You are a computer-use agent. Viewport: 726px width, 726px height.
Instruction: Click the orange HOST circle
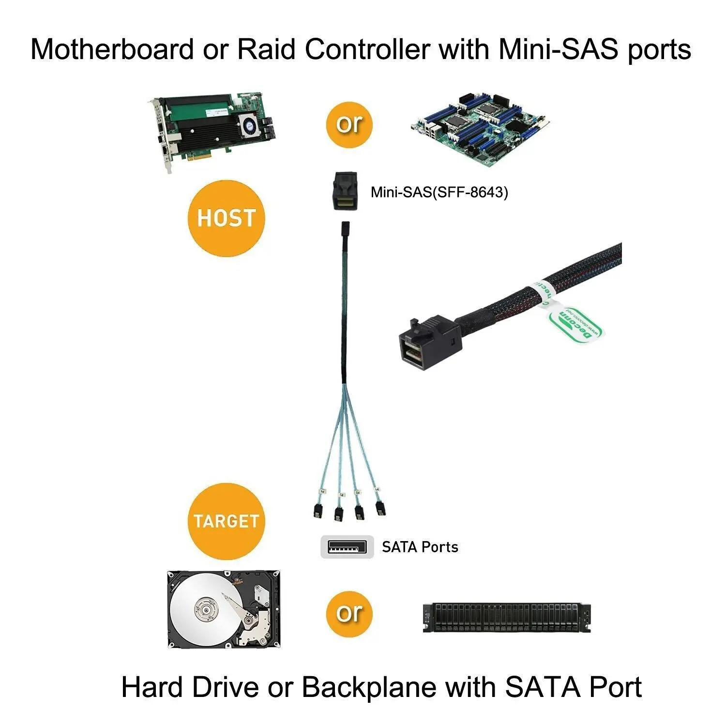[226, 218]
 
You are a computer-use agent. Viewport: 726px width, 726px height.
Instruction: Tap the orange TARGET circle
[226, 521]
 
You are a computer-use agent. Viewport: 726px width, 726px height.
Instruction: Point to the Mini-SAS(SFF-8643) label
[439, 193]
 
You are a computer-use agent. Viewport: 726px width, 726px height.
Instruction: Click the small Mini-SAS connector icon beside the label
[347, 191]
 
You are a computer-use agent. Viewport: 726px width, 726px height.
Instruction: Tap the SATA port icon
[347, 547]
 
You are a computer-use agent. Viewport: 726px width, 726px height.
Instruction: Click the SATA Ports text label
[420, 547]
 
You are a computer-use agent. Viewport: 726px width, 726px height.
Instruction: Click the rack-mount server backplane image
[507, 618]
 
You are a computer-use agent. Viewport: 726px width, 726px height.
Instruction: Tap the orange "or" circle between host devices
[349, 124]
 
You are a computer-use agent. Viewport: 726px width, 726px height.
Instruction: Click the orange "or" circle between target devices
[349, 614]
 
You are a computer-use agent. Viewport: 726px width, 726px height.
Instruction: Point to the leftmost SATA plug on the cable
[317, 511]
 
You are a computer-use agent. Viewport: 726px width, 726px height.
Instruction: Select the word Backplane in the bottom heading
[368, 687]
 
